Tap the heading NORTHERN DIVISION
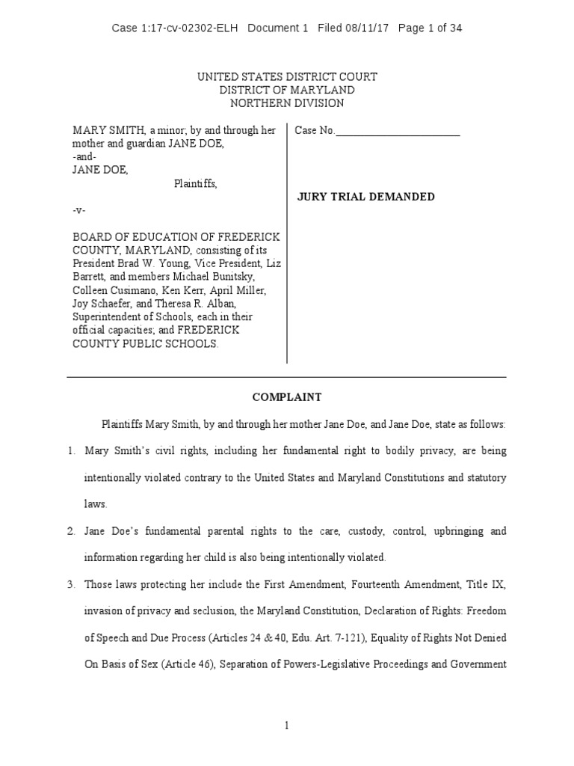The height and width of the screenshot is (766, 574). (x=287, y=103)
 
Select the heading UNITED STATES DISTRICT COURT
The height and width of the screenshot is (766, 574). (x=287, y=77)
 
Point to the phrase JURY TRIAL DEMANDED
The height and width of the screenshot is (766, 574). (x=366, y=197)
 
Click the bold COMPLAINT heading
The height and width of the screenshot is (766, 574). (x=287, y=397)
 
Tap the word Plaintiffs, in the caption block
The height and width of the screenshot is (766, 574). (x=196, y=183)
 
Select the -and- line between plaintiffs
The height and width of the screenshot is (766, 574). (x=84, y=157)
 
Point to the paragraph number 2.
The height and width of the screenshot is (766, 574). (x=71, y=531)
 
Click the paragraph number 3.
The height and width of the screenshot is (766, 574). (x=71, y=583)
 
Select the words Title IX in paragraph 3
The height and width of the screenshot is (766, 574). (x=488, y=583)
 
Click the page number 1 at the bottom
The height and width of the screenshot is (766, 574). (x=287, y=725)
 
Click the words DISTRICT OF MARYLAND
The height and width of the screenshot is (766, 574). (x=287, y=90)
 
